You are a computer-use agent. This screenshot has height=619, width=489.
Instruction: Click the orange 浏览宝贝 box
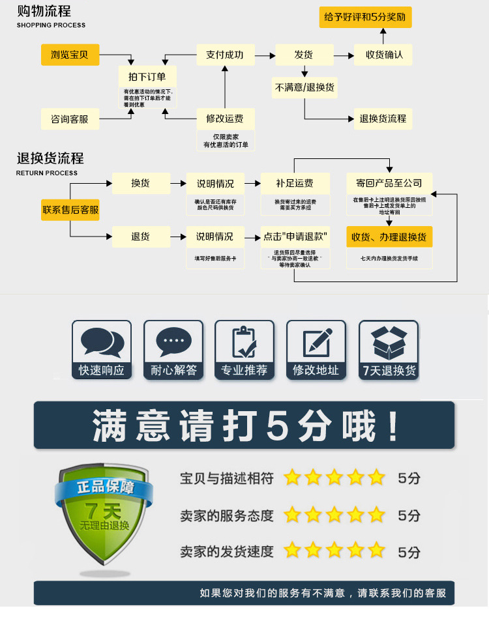70,55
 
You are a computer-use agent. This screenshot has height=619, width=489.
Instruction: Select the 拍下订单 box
147,77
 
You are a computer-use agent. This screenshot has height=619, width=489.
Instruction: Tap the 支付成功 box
225,55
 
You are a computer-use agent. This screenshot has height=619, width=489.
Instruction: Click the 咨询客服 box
70,119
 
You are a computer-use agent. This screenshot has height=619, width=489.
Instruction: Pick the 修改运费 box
225,119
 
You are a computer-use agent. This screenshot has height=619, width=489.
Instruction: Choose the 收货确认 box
383,55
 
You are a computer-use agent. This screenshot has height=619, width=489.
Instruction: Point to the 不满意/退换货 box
304,87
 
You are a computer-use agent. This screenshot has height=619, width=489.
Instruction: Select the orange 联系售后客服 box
70,210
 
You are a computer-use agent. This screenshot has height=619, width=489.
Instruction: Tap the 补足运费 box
294,184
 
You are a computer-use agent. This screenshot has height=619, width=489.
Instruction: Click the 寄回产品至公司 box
389,184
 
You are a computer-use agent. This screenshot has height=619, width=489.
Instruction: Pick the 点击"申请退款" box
294,237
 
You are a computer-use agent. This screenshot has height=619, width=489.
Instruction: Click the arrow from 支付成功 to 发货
264,55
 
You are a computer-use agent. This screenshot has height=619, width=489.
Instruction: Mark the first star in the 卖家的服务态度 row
292,515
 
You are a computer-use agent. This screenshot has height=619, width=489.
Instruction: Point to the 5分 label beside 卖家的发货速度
409,552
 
